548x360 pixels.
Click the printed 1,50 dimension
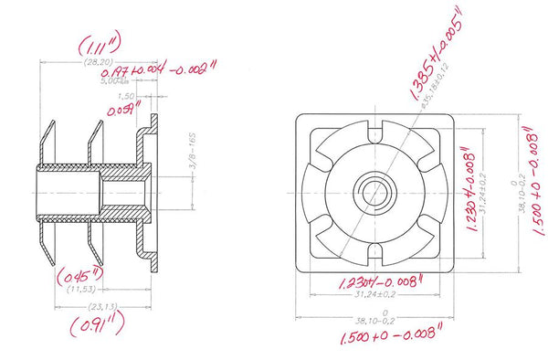coord(127,95)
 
